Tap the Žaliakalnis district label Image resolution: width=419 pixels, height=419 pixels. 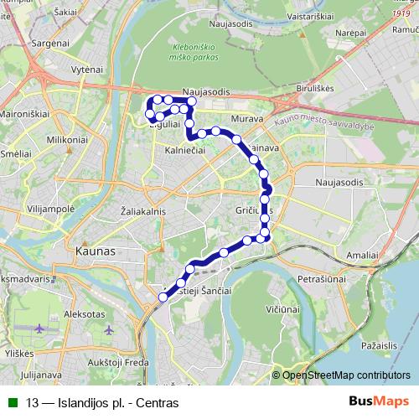144,211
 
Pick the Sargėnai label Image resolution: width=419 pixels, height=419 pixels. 51,42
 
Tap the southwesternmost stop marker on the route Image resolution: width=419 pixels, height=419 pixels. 163,296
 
